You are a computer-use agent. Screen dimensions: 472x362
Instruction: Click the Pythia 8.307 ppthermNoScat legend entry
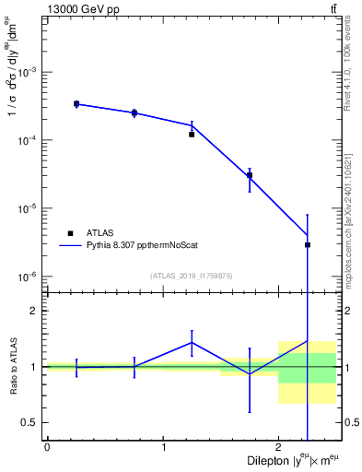[x=138, y=246]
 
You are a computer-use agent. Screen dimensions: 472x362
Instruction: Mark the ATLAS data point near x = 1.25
[x=192, y=135]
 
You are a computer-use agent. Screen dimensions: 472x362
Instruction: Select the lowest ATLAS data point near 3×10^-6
[x=308, y=245]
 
